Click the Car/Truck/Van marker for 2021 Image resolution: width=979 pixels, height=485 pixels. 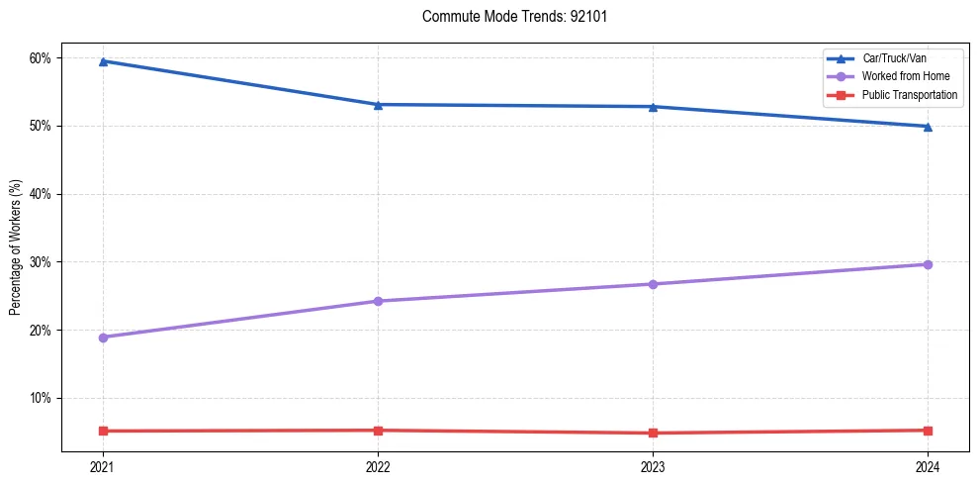point(103,61)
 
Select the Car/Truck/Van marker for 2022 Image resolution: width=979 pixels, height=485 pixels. point(378,105)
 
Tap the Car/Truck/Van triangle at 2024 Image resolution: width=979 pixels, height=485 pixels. point(928,127)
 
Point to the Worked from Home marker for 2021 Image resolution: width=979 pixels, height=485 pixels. point(103,338)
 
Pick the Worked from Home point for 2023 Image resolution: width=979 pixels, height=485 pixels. point(653,284)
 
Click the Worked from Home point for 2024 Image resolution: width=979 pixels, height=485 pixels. point(928,264)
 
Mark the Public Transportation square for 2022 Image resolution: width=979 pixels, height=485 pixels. point(378,431)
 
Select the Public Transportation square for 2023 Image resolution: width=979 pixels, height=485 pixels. point(653,433)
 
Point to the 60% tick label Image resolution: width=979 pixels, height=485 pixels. point(40,58)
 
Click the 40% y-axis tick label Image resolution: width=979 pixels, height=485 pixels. point(40,194)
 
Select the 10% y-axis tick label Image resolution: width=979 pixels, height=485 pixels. point(40,398)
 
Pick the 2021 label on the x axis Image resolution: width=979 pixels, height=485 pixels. point(103,466)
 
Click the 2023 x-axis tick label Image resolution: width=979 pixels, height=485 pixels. point(653,466)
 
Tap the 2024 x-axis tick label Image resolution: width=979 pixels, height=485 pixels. point(928,466)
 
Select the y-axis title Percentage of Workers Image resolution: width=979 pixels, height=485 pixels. point(15,247)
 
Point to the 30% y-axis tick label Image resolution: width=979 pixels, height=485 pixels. point(40,262)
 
